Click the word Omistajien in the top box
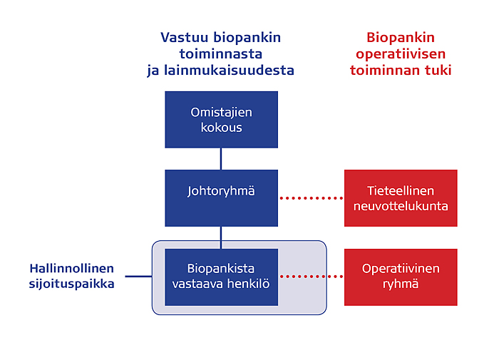221,113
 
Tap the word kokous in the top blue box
221,128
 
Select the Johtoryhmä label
221,191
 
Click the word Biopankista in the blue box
221,269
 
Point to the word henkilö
248,284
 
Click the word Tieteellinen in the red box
401,191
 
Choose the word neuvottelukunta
401,206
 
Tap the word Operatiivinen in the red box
401,269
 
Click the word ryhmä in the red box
401,284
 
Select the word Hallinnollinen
71,268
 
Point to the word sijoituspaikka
71,284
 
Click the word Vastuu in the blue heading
184,37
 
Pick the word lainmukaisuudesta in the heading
229,71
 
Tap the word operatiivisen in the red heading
401,54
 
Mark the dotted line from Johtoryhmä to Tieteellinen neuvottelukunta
312,198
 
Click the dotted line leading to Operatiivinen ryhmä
312,277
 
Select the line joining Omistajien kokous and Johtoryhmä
221,159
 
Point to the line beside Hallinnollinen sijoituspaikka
138,277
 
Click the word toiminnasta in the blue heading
221,53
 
